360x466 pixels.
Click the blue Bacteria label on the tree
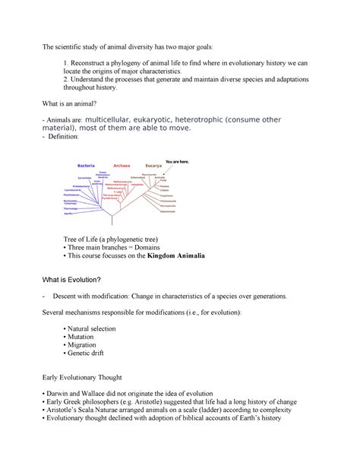85,164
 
